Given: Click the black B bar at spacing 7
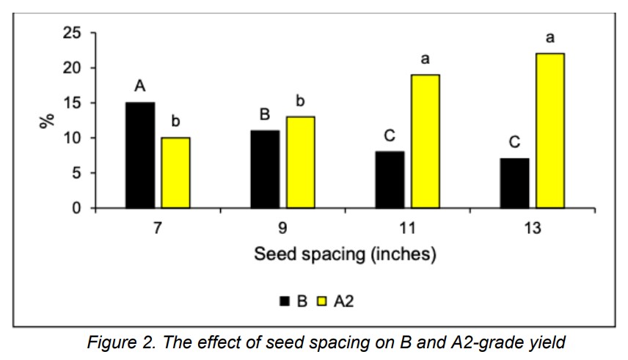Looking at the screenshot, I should (x=140, y=155).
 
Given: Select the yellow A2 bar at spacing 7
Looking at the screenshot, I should (x=175, y=173).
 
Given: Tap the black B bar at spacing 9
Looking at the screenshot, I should (x=265, y=169).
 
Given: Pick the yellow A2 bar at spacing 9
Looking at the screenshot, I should (x=299, y=163).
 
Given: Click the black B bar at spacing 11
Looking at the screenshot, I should (x=389, y=180).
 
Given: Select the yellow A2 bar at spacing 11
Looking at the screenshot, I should (x=424, y=142).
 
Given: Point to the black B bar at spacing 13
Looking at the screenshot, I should (x=514, y=183).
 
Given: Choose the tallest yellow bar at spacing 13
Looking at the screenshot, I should (x=549, y=131).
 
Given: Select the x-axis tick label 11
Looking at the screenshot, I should (x=407, y=229).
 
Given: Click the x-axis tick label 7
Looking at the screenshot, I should (x=158, y=229).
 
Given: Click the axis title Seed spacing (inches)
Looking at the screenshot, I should (x=345, y=255).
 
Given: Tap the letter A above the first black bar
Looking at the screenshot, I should (x=139, y=87).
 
